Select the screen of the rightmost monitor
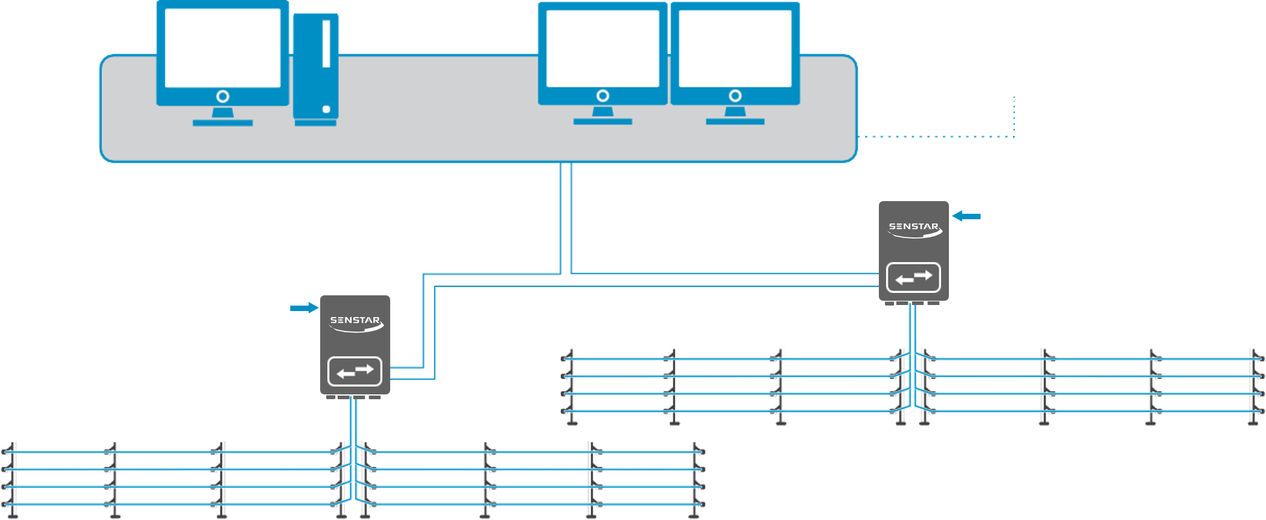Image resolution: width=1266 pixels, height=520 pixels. pyautogui.click(x=735, y=48)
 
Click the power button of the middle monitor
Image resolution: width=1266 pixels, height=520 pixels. pyautogui.click(x=602, y=95)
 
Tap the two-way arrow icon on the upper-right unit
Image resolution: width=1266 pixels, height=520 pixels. pyautogui.click(x=913, y=277)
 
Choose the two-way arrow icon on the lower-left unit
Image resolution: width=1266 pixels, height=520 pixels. pyautogui.click(x=355, y=371)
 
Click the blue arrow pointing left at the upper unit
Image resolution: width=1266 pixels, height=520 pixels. pyautogui.click(x=966, y=216)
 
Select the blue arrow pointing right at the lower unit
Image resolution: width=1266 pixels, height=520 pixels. pyautogui.click(x=304, y=308)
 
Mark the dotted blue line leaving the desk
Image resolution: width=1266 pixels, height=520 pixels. pyautogui.click(x=936, y=136)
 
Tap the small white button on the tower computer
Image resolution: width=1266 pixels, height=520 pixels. pyautogui.click(x=326, y=109)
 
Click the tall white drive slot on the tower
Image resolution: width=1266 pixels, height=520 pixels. pyautogui.click(x=326, y=43)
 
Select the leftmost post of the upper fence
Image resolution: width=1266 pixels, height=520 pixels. pyautogui.click(x=571, y=387)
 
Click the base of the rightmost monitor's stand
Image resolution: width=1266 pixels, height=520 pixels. pyautogui.click(x=735, y=121)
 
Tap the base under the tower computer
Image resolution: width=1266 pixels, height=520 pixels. pyautogui.click(x=315, y=123)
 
